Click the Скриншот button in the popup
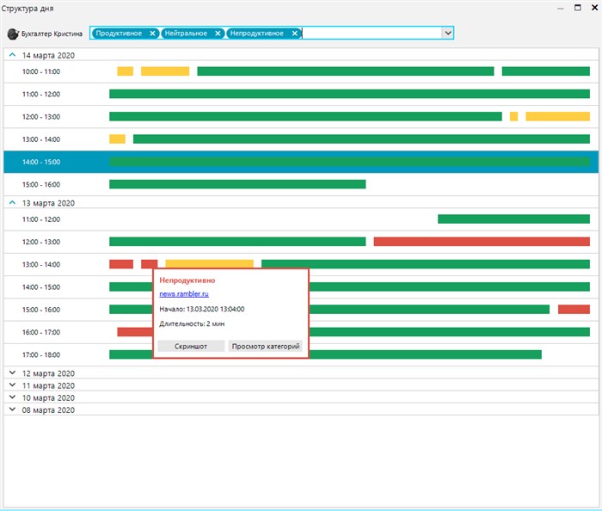pyautogui.click(x=191, y=346)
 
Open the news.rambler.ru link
pyautogui.click(x=184, y=293)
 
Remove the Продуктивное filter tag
pyautogui.click(x=152, y=34)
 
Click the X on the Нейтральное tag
pyautogui.click(x=218, y=34)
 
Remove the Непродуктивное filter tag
pyautogui.click(x=294, y=34)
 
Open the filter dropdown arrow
pyautogui.click(x=448, y=33)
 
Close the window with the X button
pyautogui.click(x=595, y=7)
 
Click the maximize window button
pyautogui.click(x=578, y=7)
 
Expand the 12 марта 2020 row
pyautogui.click(x=12, y=372)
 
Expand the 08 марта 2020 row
pyautogui.click(x=12, y=409)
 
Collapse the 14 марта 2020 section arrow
pyautogui.click(x=12, y=55)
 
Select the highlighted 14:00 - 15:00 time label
pyautogui.click(x=41, y=162)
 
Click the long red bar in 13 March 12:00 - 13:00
pyautogui.click(x=482, y=242)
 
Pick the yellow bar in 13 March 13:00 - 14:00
pyautogui.click(x=209, y=264)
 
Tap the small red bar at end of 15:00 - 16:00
pyautogui.click(x=574, y=309)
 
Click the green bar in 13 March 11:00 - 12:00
pyautogui.click(x=513, y=219)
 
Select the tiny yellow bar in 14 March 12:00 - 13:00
pyautogui.click(x=513, y=116)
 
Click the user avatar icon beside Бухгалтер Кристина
pyautogui.click(x=13, y=34)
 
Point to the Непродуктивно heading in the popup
pyautogui.click(x=187, y=280)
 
